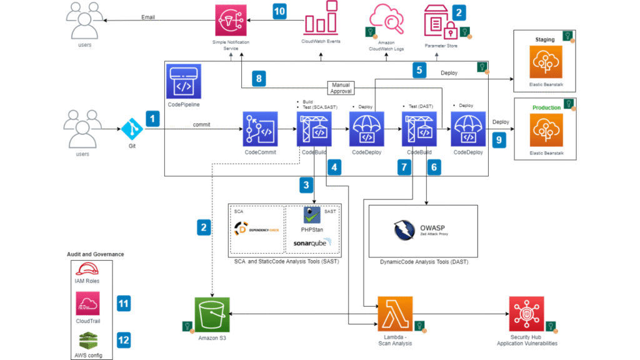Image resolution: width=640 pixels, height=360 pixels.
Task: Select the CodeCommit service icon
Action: [x=259, y=129]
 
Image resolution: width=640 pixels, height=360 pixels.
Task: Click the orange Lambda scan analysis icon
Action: [x=394, y=313]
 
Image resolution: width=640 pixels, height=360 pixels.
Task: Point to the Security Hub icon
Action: [x=526, y=313]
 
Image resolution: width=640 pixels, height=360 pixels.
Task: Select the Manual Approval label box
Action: [x=341, y=87]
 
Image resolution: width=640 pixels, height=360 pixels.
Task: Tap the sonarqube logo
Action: [x=312, y=242]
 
